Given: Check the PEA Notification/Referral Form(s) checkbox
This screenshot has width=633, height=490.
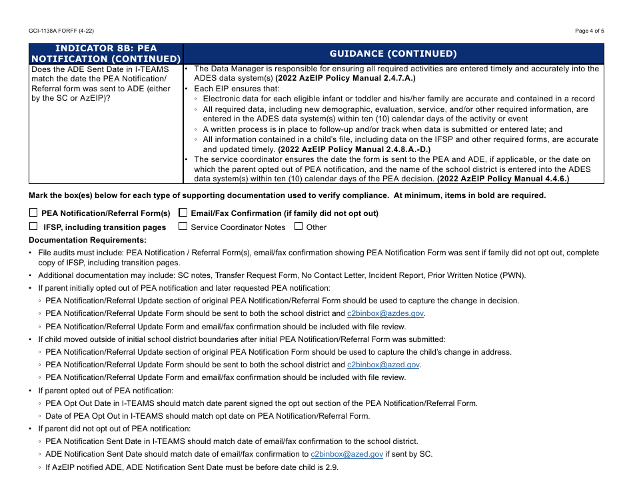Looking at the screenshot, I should click(x=33, y=213).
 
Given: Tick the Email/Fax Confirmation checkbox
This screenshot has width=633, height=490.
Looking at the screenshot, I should click(x=183, y=213).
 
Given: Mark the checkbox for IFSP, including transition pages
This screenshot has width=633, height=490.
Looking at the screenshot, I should click(x=33, y=227).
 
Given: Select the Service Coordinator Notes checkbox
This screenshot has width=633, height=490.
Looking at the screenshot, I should click(x=183, y=227).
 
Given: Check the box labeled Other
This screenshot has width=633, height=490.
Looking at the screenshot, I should click(x=299, y=227).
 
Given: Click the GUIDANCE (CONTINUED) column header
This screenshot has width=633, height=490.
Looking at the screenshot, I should click(x=393, y=54).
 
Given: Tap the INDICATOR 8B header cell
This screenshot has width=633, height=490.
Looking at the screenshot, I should click(x=106, y=54).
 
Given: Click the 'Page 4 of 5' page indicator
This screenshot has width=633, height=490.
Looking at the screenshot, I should click(x=589, y=31).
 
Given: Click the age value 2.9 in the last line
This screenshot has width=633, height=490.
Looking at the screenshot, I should click(x=332, y=467).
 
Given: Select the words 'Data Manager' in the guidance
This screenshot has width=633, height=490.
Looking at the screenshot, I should click(x=234, y=69).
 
